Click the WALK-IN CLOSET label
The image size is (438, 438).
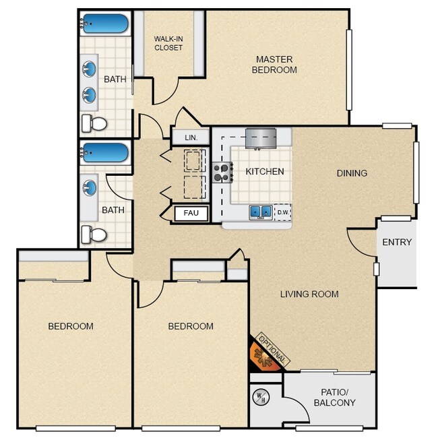(x=168, y=43)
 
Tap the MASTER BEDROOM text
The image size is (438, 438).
(x=274, y=64)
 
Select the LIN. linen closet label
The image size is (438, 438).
(x=191, y=137)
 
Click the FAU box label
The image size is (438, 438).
(x=191, y=214)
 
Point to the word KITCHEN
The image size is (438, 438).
(x=264, y=172)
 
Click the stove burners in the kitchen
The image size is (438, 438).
(x=222, y=173)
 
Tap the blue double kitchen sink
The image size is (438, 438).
(x=261, y=212)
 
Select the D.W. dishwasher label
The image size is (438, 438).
(x=283, y=213)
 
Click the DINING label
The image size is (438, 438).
(x=352, y=173)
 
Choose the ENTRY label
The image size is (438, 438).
(x=396, y=243)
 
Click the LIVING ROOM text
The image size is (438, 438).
(x=309, y=294)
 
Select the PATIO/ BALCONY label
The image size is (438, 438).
(x=334, y=398)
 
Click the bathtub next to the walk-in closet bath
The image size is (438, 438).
(x=105, y=24)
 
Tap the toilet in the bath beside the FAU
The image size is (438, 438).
(x=95, y=234)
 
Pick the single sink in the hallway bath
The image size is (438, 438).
(x=90, y=187)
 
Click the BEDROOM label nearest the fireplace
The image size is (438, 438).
(x=191, y=326)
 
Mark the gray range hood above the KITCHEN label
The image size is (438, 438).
(x=261, y=137)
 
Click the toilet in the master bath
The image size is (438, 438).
(x=95, y=123)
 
